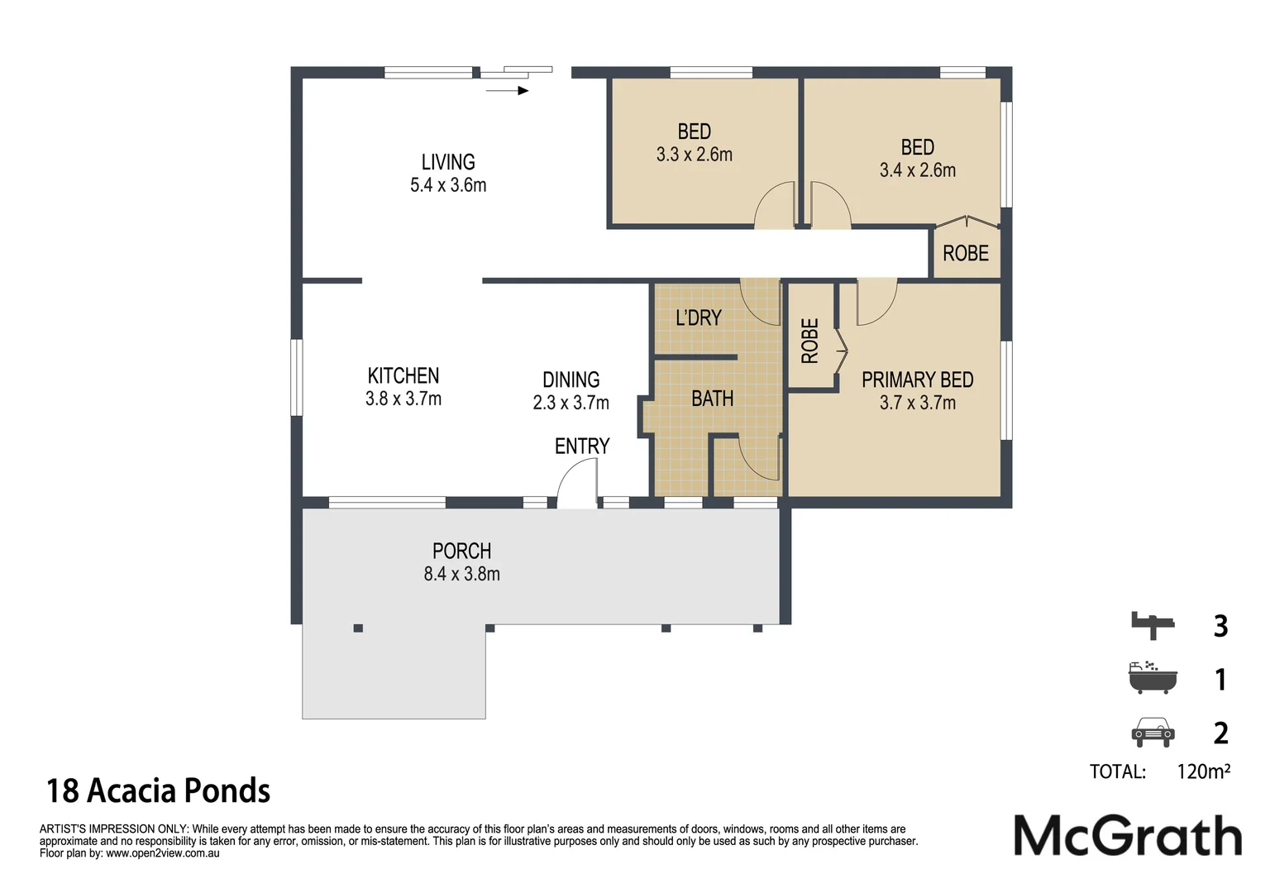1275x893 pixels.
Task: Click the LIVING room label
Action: pyautogui.click(x=448, y=162)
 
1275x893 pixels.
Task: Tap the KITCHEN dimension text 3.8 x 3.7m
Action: pyautogui.click(x=403, y=399)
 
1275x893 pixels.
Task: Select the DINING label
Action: pyautogui.click(x=571, y=380)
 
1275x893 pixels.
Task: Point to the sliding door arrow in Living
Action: pyautogui.click(x=507, y=90)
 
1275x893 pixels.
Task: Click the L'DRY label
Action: pyautogui.click(x=699, y=318)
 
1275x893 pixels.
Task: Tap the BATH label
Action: pyautogui.click(x=712, y=399)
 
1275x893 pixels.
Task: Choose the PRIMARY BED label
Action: pyautogui.click(x=917, y=380)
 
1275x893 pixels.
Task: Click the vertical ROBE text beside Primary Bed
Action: pyautogui.click(x=809, y=341)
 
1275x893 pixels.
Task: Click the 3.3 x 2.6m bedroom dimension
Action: pyautogui.click(x=694, y=155)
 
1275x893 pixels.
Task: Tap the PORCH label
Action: pyautogui.click(x=461, y=551)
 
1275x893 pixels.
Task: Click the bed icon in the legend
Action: pyautogui.click(x=1153, y=625)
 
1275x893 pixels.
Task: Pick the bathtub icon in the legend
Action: pyautogui.click(x=1153, y=677)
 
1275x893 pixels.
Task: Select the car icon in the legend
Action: pyautogui.click(x=1153, y=732)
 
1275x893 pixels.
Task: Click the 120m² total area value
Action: pyautogui.click(x=1203, y=771)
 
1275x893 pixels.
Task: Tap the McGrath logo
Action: pyautogui.click(x=1128, y=835)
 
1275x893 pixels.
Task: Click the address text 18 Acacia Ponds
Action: pyautogui.click(x=158, y=790)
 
